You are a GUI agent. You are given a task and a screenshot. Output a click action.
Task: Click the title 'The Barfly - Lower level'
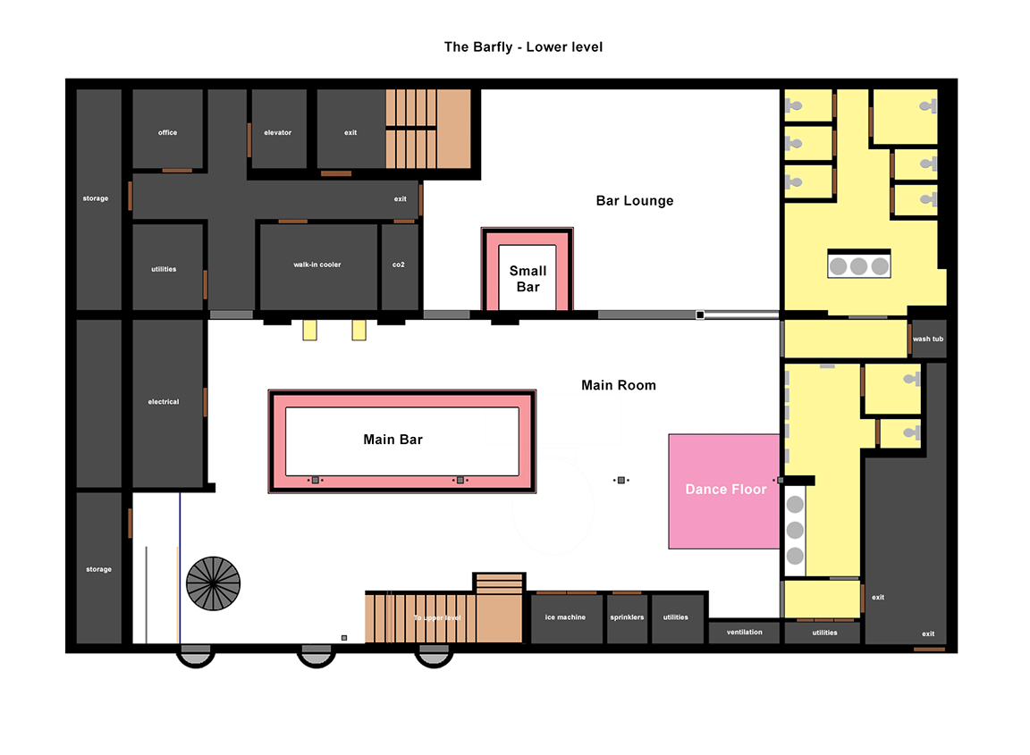[523, 46]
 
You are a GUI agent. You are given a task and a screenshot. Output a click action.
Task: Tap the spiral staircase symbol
[214, 583]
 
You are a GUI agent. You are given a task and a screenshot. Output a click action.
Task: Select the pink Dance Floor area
[724, 491]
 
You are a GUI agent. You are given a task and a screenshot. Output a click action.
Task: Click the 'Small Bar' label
[528, 279]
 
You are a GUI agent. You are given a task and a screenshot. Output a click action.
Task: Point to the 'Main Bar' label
[393, 440]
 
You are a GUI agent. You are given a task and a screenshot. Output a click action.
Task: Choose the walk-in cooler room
[318, 266]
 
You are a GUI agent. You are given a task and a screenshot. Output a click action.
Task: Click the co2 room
[400, 266]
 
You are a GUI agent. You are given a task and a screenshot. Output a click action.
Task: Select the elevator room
[279, 129]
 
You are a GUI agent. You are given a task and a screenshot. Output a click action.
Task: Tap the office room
[167, 129]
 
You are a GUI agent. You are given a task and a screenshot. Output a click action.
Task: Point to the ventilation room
[744, 633]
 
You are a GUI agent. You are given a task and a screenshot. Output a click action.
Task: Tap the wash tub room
[929, 339]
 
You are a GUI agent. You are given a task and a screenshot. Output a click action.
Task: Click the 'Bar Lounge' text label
[635, 201]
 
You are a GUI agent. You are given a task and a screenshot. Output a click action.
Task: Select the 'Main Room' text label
[619, 385]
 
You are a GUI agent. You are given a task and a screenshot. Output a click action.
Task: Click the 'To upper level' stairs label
[437, 617]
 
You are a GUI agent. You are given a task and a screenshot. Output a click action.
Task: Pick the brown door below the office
[177, 171]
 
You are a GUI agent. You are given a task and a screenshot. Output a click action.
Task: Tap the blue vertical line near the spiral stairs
[180, 568]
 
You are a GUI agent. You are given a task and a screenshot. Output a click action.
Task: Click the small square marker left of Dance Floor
[621, 480]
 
